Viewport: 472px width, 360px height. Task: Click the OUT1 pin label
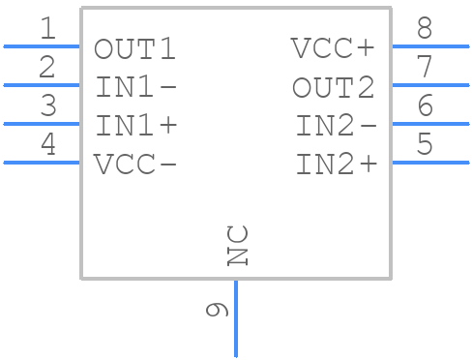click(x=135, y=48)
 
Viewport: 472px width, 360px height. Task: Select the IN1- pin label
click(x=135, y=87)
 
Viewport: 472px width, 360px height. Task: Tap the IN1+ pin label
click(x=135, y=126)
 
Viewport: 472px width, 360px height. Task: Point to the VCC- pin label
click(x=135, y=164)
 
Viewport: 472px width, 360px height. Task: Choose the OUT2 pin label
click(x=334, y=87)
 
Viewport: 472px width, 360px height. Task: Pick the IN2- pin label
click(x=336, y=126)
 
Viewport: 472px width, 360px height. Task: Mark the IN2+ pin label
click(x=336, y=164)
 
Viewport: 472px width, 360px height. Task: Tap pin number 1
click(x=46, y=29)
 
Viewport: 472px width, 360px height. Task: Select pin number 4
click(x=46, y=145)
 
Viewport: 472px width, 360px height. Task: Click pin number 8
click(x=425, y=29)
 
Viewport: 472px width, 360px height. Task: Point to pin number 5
click(x=425, y=145)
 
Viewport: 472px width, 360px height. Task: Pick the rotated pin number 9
click(x=218, y=310)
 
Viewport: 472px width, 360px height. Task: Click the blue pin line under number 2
click(x=42, y=85)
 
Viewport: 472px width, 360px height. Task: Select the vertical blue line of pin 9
click(x=236, y=319)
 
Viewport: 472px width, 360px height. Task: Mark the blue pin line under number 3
click(x=42, y=124)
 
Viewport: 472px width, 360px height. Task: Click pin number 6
click(x=425, y=106)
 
